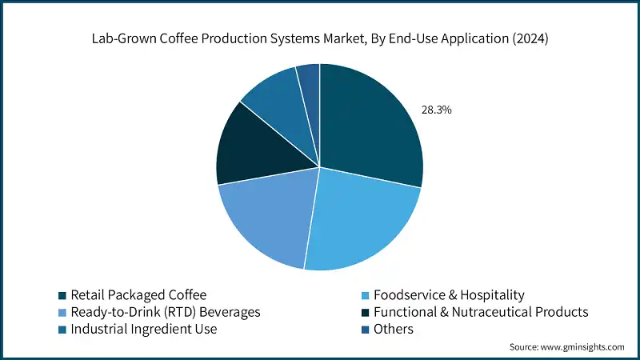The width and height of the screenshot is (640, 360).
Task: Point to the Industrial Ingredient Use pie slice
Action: (276, 100)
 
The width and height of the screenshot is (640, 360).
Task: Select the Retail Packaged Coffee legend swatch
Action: (62, 295)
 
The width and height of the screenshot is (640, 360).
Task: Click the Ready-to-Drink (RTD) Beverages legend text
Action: (165, 311)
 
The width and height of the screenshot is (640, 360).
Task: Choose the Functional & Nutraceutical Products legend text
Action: (484, 311)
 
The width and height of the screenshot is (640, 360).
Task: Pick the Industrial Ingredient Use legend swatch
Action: (62, 329)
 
